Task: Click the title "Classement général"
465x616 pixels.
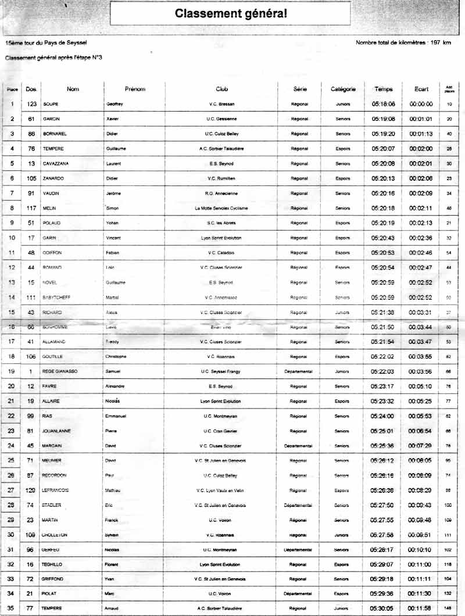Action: coord(230,13)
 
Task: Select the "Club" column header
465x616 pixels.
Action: coord(222,89)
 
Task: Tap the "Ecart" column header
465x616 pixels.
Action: coord(421,89)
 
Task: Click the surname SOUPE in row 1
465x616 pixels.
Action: coord(51,104)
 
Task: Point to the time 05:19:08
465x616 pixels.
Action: coord(383,119)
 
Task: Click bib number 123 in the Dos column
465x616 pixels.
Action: coord(32,104)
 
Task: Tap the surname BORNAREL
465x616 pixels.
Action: coord(55,134)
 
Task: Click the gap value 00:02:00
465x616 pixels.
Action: coord(421,149)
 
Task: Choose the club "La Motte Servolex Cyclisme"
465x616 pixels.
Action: coord(221,208)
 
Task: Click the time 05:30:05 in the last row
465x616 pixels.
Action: coord(383,608)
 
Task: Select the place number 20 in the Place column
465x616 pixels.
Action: coord(12,386)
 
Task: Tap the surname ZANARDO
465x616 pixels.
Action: coord(54,178)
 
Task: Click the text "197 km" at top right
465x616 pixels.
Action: coord(439,43)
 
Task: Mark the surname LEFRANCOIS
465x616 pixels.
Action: coord(56,490)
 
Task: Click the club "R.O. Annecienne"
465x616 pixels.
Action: coord(221,194)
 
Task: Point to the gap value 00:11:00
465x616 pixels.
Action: coord(421,564)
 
